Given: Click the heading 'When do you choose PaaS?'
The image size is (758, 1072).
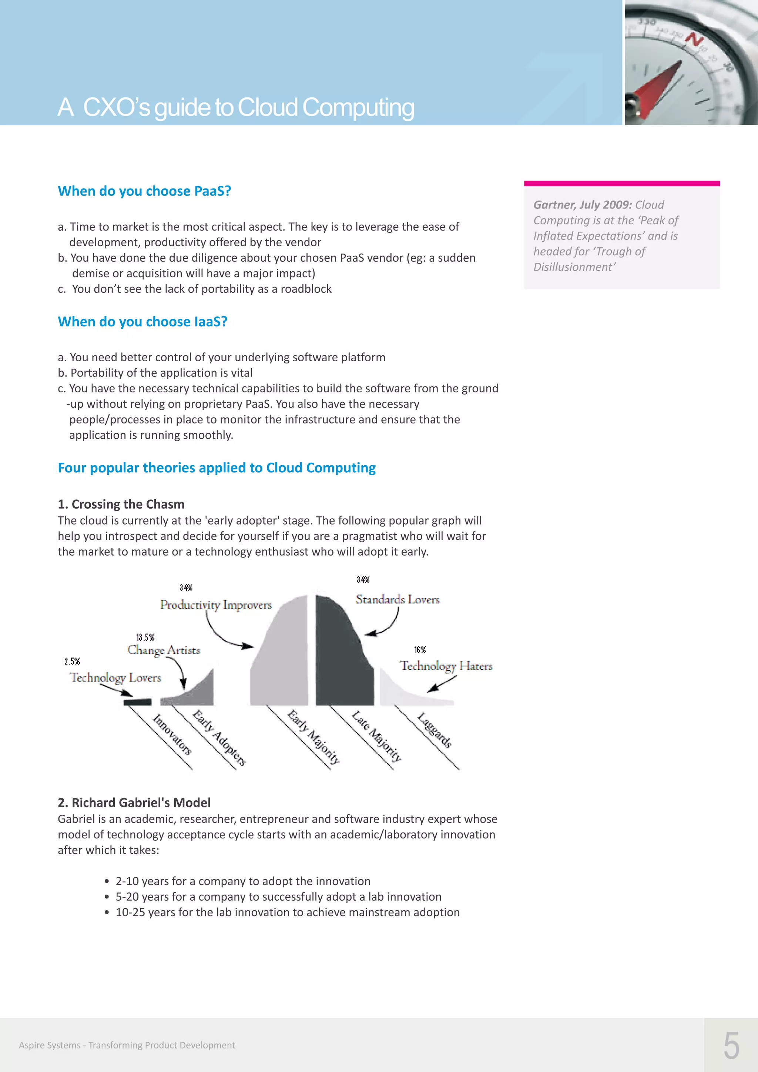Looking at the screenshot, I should (x=144, y=191).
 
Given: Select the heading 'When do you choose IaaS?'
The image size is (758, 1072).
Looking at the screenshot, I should (x=142, y=322).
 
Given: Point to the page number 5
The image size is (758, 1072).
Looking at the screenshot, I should (x=731, y=1045).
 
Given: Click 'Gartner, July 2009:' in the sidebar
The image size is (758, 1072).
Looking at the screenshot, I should (x=583, y=205).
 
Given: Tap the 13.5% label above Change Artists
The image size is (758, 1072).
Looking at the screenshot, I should (x=145, y=637).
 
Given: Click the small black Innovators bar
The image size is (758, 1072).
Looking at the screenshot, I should (x=137, y=702).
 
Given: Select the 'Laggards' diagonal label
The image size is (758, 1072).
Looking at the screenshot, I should (x=434, y=730).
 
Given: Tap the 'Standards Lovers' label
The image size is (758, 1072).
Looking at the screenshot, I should (x=397, y=600).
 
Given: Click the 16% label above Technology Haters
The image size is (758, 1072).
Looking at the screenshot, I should (x=420, y=650).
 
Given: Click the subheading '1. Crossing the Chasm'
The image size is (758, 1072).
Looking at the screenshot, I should (x=121, y=504).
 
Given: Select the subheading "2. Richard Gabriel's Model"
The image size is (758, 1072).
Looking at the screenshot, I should (x=134, y=803).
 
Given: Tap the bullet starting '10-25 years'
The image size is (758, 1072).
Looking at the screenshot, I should (x=287, y=912).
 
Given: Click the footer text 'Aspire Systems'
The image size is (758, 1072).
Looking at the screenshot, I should (x=50, y=1045).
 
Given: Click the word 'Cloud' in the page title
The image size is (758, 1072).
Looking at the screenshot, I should (x=268, y=107).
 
